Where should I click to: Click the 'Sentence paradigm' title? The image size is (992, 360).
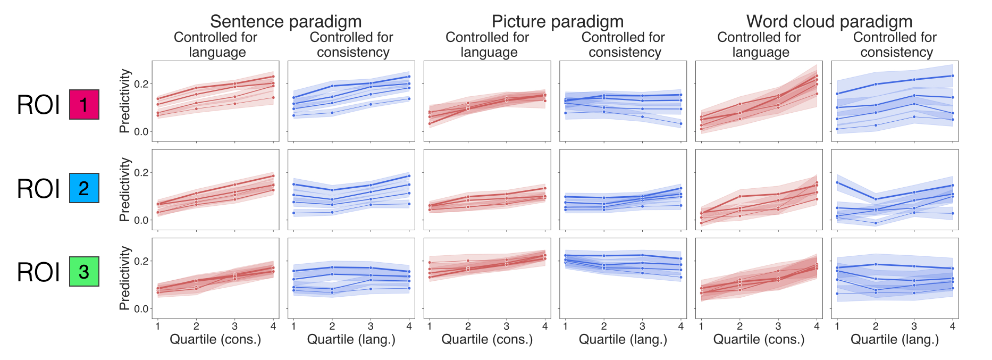pos(285,21)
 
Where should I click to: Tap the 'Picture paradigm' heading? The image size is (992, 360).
pos(557,21)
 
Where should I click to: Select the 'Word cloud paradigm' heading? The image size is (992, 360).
pos(829,21)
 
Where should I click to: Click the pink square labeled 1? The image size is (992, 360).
pos(84,105)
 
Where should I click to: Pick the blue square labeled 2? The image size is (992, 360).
pos(84,188)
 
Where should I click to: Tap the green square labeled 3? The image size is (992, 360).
pos(84,272)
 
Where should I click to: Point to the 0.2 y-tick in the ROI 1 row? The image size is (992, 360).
pos(141,84)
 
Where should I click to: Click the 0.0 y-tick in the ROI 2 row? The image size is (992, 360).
pos(141,220)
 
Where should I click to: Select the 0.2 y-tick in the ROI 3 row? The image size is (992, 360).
pos(141,261)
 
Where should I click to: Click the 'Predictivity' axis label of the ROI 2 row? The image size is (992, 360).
pos(125,189)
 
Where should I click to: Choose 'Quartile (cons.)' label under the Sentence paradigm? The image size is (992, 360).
pos(215,339)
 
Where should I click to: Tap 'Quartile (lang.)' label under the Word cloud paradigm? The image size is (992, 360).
pos(895,339)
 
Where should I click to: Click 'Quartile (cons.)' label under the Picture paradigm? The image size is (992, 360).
pos(487,339)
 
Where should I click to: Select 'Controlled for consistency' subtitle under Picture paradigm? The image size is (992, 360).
pos(623,45)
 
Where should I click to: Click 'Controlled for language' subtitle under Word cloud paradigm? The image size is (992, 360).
pos(759,45)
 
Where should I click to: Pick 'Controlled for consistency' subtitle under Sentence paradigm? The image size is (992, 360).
pos(351,45)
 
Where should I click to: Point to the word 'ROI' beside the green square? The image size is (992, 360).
pos(38,272)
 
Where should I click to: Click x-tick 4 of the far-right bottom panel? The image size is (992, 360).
pos(953,326)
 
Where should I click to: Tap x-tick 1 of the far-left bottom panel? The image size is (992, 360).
pos(158,326)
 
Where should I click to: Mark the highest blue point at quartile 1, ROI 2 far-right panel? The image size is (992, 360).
pos(837,182)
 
